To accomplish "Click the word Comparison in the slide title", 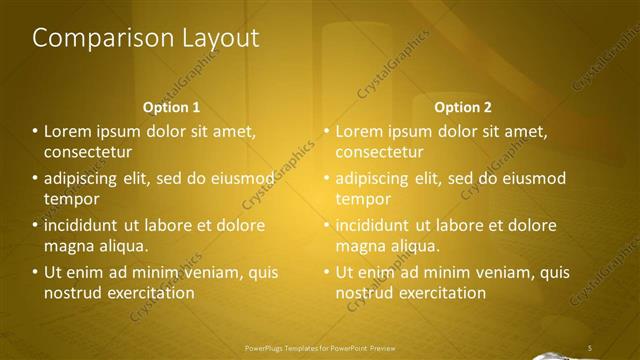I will [91, 39].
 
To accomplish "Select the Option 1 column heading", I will [172, 106].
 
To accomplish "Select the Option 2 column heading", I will [463, 106].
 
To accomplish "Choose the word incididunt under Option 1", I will [85, 225].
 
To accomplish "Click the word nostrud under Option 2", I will [364, 293].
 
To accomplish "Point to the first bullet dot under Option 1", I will [35, 131].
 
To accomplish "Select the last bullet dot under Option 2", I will [326, 272].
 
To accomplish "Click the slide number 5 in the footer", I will [590, 347].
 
